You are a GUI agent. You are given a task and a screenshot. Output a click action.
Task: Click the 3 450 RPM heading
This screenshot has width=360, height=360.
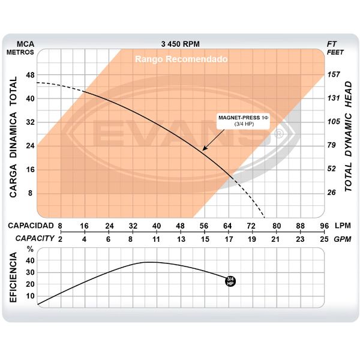(x=181, y=44)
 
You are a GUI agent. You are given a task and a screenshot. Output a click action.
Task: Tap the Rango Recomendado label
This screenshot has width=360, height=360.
(x=181, y=59)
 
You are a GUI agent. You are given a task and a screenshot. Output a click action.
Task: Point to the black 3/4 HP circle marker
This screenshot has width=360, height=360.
(x=230, y=280)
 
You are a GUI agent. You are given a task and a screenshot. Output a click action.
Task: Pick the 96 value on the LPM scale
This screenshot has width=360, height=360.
(x=325, y=226)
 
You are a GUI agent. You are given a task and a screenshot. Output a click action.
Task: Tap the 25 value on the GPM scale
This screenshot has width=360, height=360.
(x=325, y=238)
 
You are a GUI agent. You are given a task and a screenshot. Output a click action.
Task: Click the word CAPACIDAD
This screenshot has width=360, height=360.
(x=29, y=226)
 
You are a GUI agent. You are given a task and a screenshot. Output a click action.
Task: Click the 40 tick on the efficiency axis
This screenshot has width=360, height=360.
(x=30, y=262)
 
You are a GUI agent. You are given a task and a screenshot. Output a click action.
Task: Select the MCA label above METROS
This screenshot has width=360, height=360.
(x=25, y=44)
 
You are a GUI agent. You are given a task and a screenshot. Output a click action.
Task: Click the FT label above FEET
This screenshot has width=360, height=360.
(x=332, y=44)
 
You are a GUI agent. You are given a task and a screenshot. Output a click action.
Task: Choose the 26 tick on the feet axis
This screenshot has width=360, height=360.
(x=332, y=193)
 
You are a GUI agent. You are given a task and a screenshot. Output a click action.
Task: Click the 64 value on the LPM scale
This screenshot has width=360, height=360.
(x=228, y=226)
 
